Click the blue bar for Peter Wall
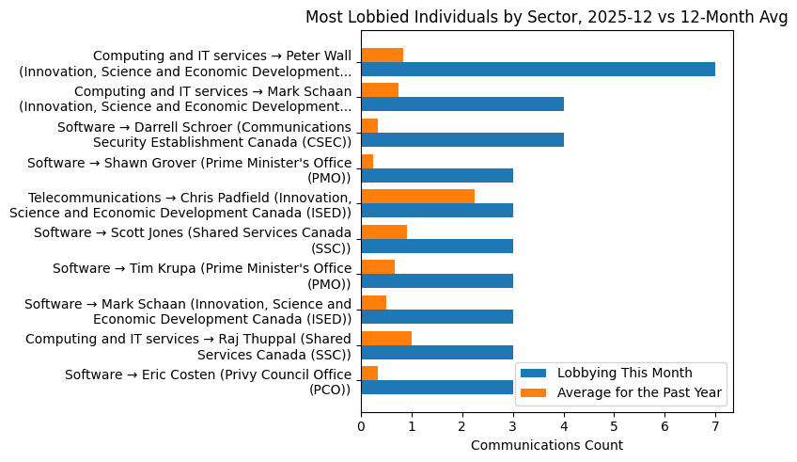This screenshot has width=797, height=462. coord(538,69)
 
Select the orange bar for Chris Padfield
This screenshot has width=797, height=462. coord(417,196)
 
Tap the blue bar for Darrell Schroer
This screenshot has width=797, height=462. coord(462,139)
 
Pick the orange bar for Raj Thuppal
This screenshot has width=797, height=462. coord(386,338)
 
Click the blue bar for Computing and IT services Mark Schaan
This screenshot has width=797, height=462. coord(462,104)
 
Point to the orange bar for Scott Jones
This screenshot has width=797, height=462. coord(383,231)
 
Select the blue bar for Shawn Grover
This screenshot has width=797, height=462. coord(437,175)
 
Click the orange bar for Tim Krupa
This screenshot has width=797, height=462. coord(378,267)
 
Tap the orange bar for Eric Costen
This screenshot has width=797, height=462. coord(369,374)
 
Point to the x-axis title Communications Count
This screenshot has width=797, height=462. coord(546,444)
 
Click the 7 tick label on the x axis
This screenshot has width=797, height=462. coord(715,426)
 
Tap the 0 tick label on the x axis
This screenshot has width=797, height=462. coord(361,426)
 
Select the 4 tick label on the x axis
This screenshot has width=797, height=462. coord(564,426)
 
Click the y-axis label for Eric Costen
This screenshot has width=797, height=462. coord(208,381)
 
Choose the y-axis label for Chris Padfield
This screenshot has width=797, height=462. coord(180,204)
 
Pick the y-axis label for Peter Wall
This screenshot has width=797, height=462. coord(185,63)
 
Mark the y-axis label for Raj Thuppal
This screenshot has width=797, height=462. coord(188,345)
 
